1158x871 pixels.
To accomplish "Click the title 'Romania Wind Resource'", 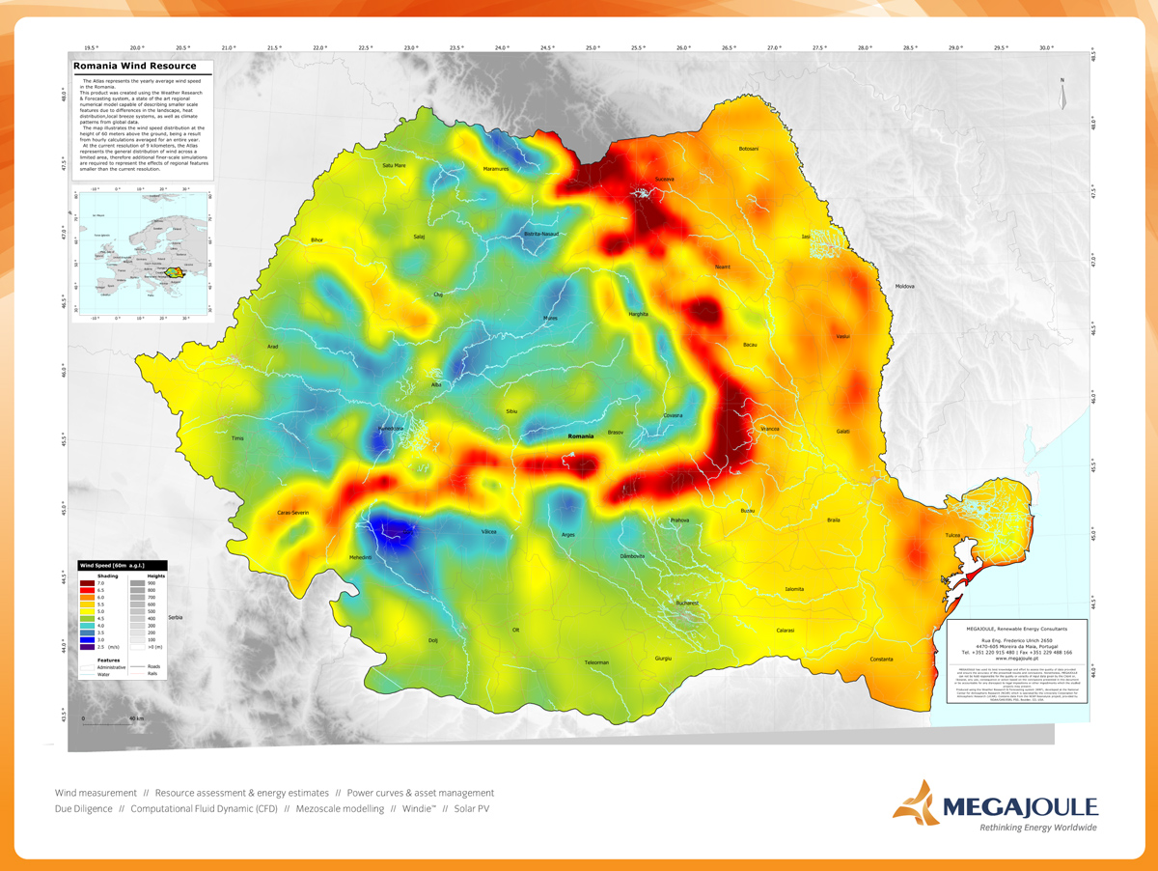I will click(135, 66).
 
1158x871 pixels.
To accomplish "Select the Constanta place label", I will click(881, 660).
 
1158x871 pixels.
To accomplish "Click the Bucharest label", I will click(687, 603).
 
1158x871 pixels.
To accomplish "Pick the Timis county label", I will click(238, 438).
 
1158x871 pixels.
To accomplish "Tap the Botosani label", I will click(749, 149).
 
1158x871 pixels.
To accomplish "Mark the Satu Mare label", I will click(394, 165).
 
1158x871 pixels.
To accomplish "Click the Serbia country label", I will click(175, 617).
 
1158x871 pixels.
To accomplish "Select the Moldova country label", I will click(904, 286).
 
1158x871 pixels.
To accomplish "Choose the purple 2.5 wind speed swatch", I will click(88, 646).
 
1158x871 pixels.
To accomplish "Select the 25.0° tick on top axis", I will click(593, 46).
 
